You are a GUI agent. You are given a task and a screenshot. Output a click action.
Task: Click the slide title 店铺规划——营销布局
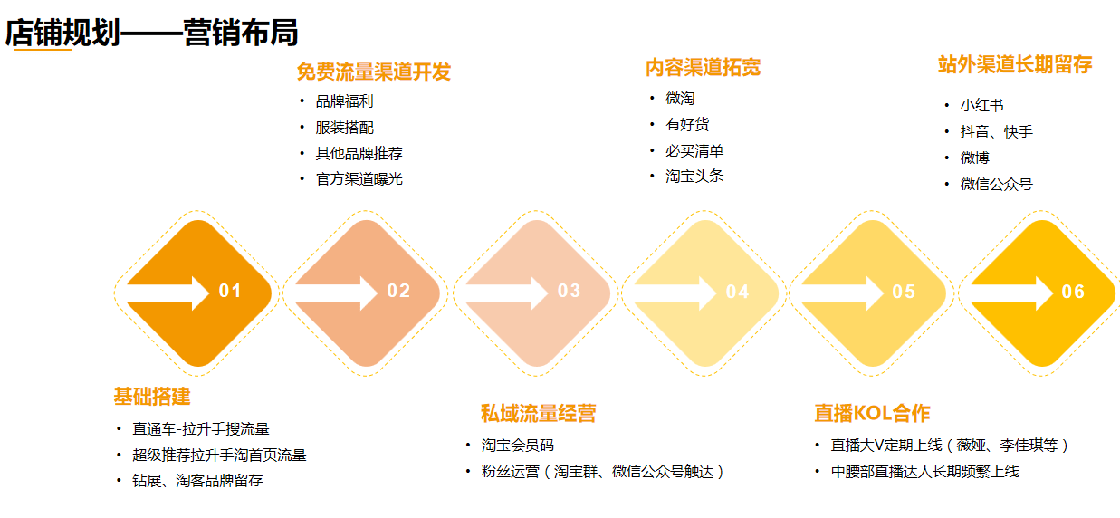(151, 33)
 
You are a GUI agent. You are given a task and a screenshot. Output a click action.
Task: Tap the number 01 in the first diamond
(230, 291)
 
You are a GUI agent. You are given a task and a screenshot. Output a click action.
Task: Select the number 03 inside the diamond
(569, 291)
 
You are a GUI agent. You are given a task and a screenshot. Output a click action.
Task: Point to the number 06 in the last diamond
(1073, 292)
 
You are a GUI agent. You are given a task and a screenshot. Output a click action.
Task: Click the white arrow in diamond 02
(337, 293)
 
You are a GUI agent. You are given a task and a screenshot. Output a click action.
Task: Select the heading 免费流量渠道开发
(374, 72)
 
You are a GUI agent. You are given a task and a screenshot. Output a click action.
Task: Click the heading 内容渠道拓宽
(703, 68)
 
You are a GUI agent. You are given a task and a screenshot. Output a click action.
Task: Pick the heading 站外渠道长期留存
(1015, 64)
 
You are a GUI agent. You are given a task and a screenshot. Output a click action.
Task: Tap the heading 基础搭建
(152, 397)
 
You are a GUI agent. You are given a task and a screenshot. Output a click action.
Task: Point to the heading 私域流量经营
(538, 414)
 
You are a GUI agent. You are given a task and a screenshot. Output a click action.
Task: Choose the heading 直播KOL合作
(872, 414)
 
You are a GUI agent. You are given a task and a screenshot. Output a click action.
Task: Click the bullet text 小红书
(982, 105)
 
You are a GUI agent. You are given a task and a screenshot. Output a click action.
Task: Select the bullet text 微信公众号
(997, 184)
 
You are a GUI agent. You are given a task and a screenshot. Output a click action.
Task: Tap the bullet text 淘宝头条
(694, 176)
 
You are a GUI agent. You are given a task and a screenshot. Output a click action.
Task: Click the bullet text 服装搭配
(344, 128)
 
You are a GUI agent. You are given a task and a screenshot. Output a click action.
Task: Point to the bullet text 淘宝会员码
(518, 445)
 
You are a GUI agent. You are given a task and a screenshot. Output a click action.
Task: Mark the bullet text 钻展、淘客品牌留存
(197, 481)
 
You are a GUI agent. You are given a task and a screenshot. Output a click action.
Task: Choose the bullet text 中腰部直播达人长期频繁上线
(925, 471)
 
